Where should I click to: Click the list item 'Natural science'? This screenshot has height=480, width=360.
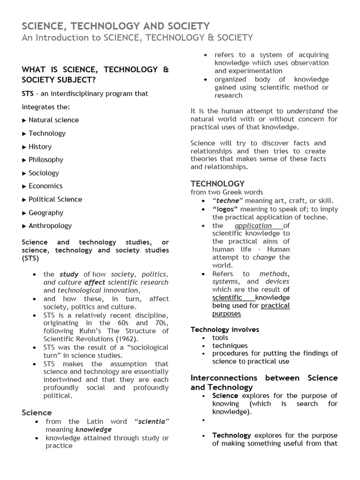53,120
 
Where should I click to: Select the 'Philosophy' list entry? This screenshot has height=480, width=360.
45,159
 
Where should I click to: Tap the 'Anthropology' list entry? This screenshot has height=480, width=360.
50,225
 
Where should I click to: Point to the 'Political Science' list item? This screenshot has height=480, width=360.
55,199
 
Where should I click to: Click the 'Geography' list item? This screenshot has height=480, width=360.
45,212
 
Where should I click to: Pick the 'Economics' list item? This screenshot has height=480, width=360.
45,186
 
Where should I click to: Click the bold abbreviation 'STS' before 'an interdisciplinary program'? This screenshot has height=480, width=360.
28,94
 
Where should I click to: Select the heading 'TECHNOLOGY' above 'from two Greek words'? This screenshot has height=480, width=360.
217,184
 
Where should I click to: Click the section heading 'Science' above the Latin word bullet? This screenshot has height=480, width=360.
37,412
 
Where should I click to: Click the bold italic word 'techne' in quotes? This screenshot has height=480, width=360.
227,201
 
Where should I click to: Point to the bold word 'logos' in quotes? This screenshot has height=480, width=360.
226,209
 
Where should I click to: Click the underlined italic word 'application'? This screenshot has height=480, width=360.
253,225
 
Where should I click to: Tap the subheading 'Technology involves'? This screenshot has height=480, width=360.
225,330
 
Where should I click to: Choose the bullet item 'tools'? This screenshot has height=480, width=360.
220,337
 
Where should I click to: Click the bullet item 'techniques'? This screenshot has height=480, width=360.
230,345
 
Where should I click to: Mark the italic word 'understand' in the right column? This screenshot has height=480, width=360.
305,111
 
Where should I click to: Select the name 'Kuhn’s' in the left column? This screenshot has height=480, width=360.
96,331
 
